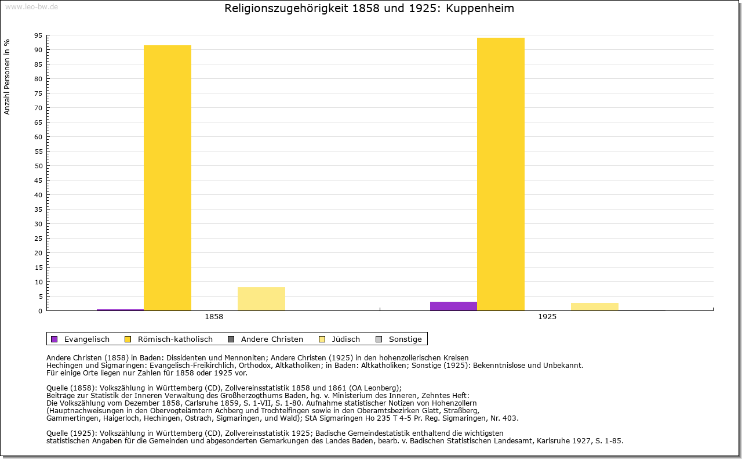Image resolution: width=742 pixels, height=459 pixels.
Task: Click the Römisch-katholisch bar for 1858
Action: (168, 178)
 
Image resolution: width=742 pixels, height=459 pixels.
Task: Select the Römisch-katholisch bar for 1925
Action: (501, 174)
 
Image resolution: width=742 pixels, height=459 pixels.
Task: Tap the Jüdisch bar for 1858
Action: (261, 299)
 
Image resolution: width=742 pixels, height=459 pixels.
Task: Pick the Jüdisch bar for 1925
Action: (595, 306)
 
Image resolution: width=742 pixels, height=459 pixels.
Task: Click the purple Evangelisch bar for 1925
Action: (453, 306)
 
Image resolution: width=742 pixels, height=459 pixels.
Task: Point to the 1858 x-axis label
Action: (214, 317)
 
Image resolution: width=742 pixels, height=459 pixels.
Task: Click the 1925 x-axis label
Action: (547, 317)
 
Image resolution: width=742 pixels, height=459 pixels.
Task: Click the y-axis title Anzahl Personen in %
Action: (8, 77)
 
